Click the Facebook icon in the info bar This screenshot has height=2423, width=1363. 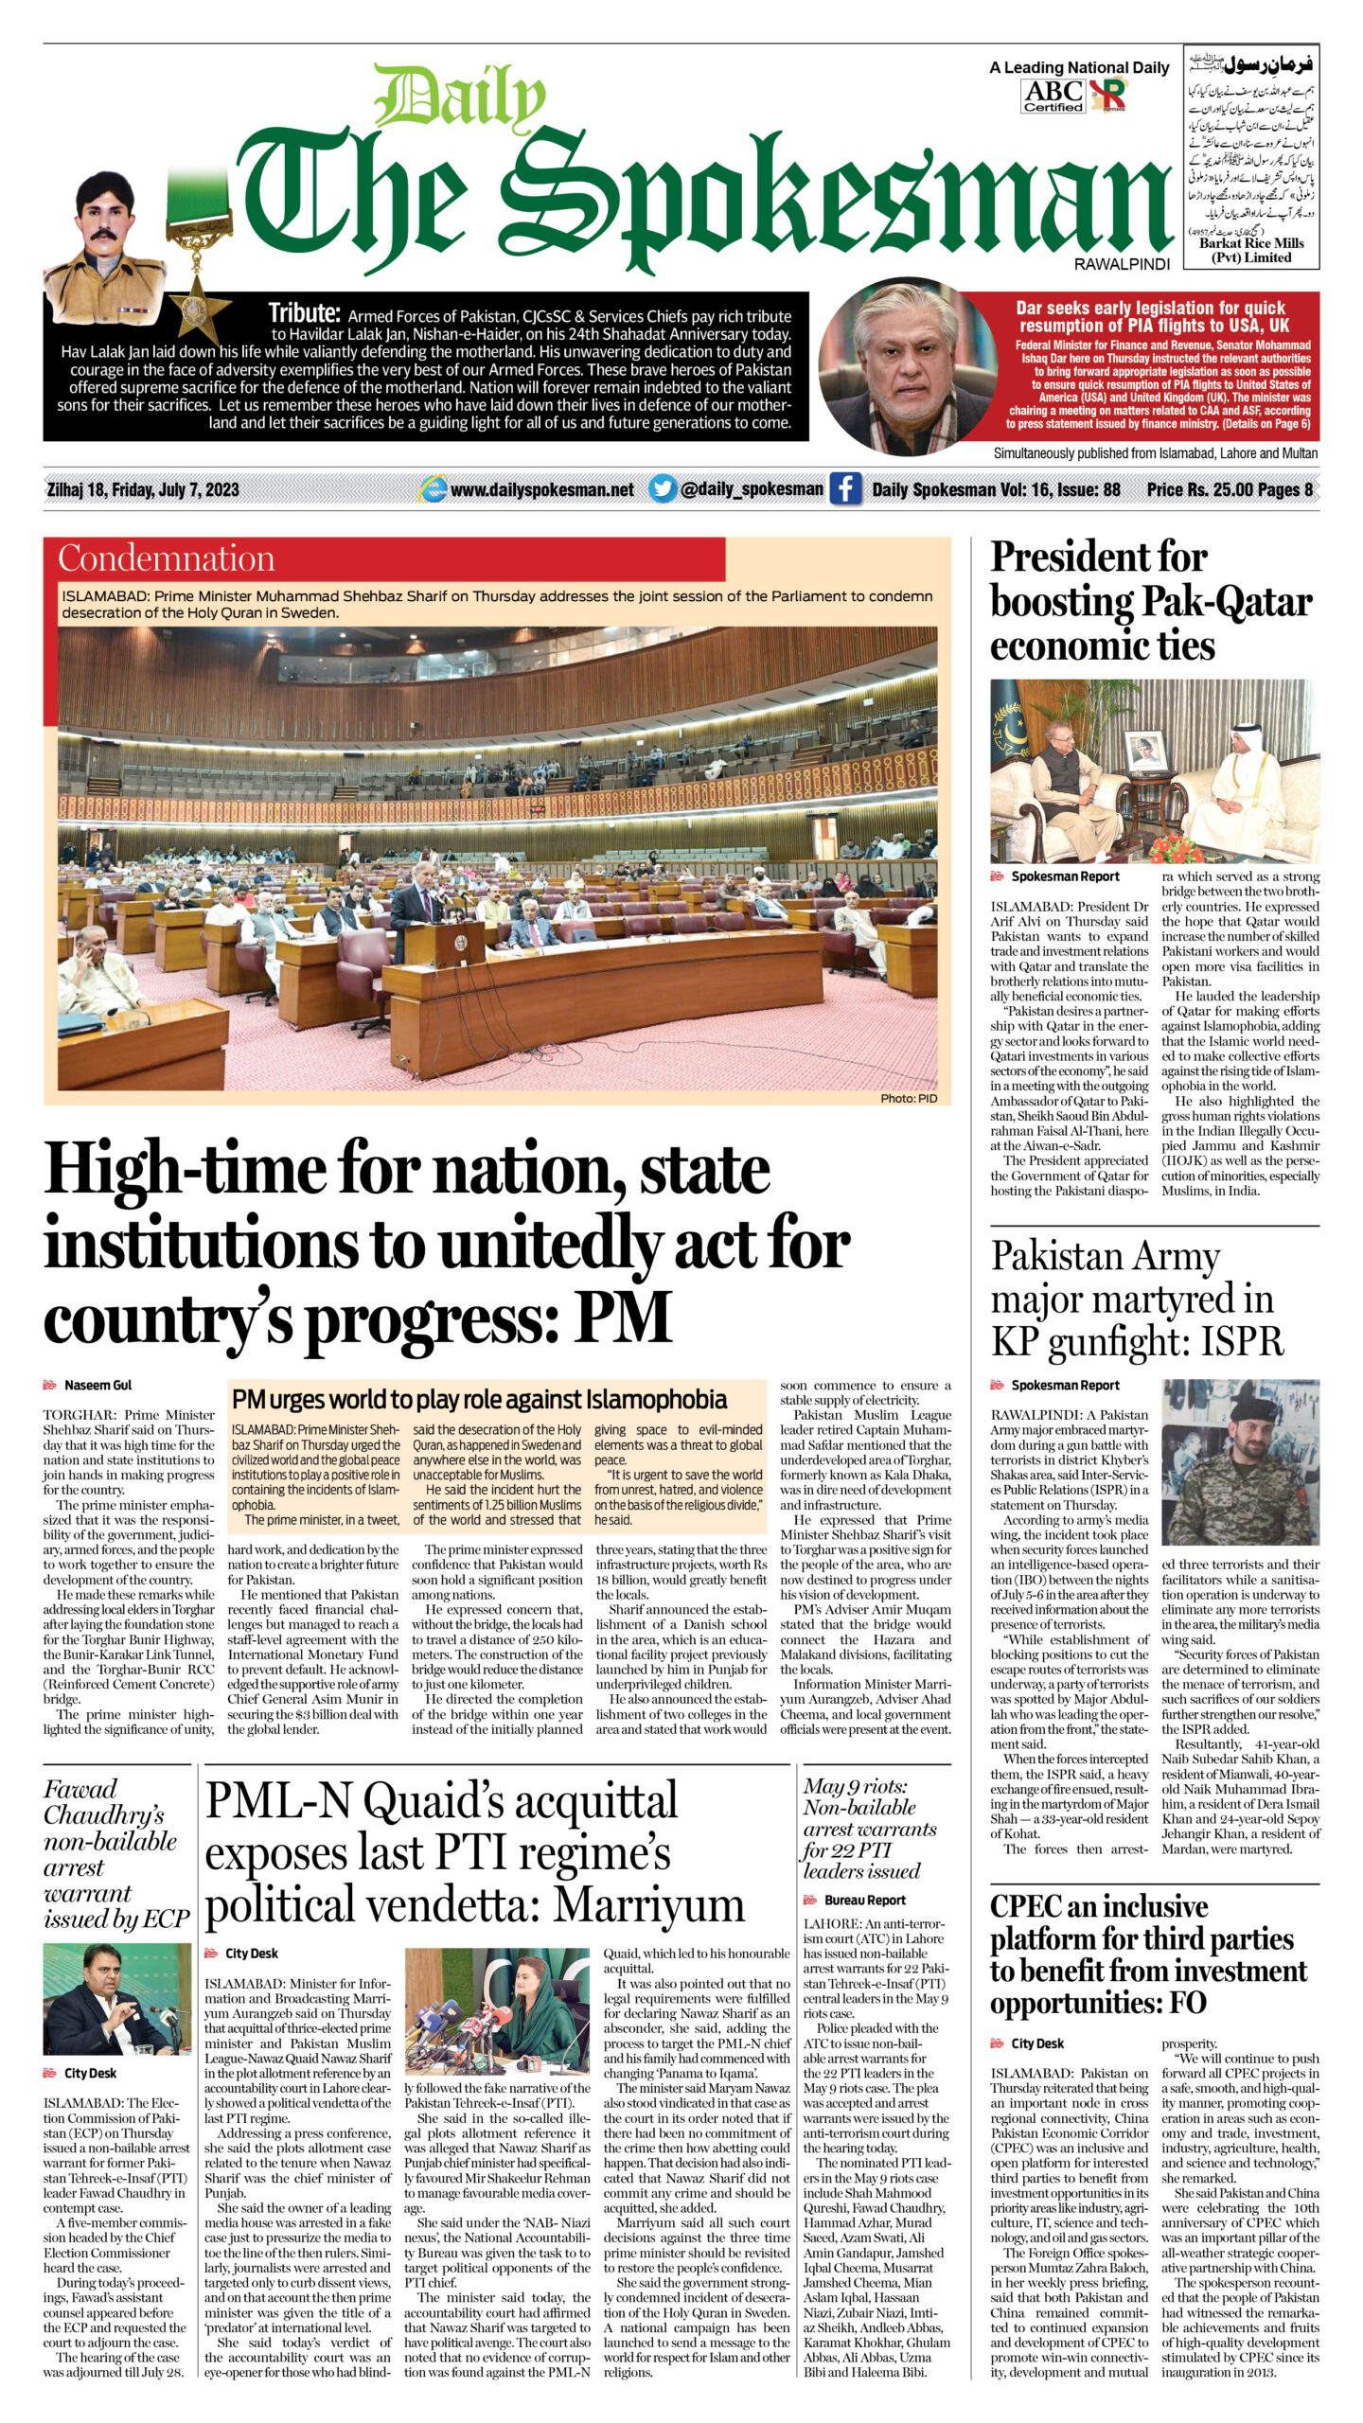845,489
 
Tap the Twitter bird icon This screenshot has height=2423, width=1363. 663,488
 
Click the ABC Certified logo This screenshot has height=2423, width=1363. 1053,96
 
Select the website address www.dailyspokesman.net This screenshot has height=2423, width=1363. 541,489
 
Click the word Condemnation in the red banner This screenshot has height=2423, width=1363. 167,558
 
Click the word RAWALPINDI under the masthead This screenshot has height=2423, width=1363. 1122,264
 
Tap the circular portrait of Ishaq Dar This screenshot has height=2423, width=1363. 894,366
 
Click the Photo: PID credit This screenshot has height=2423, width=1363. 908,1098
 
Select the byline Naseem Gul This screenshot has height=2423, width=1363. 97,1385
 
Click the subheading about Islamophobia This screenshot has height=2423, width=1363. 479,1400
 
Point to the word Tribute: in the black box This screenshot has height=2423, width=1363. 304,313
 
